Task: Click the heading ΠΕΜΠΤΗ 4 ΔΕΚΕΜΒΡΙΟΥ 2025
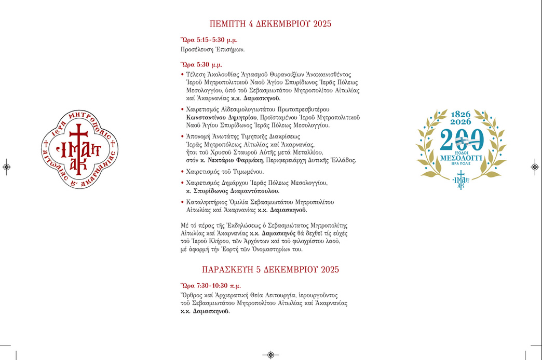[270, 24]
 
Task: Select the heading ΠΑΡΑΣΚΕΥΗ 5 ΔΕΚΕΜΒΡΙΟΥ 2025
[270, 269]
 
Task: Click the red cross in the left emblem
[79, 136]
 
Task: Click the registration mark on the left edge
[6, 167]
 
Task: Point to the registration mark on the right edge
[535, 167]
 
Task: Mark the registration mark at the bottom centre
[270, 355]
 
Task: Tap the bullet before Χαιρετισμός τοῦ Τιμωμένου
[182, 172]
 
